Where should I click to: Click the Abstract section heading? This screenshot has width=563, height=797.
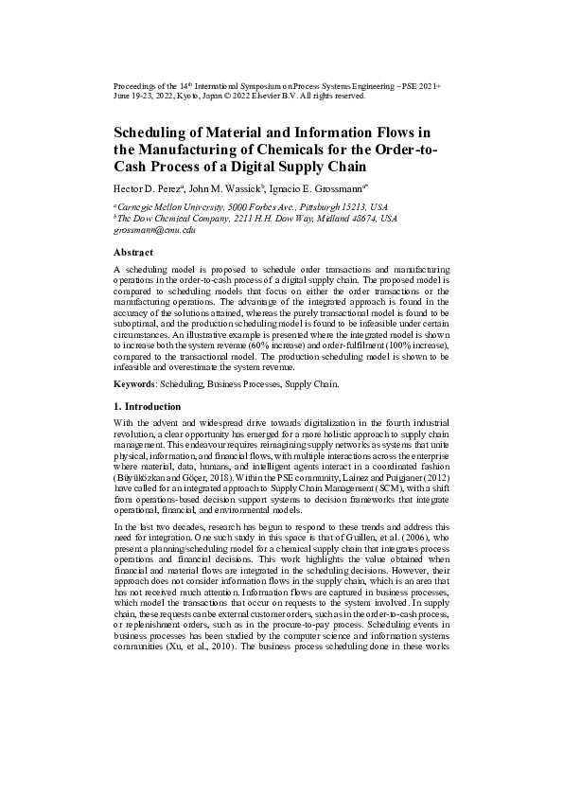(132, 253)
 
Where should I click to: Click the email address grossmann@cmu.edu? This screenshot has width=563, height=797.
(153, 230)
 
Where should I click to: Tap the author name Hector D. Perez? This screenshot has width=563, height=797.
(148, 189)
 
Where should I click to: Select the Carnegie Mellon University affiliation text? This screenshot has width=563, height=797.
(173, 205)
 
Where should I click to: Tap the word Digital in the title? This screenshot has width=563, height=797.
(255, 164)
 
